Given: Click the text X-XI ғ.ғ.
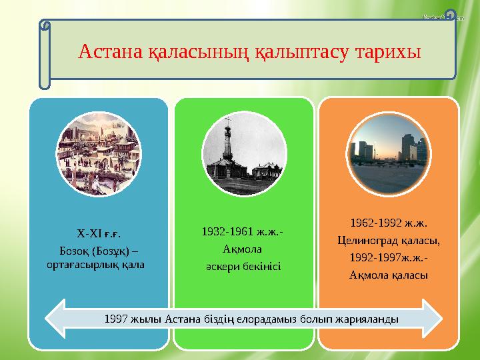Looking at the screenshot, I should [x=99, y=233].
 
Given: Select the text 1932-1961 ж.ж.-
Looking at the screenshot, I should [x=243, y=232].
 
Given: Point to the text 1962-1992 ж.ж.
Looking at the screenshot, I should [x=389, y=223].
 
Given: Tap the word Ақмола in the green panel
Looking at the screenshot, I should [x=243, y=249].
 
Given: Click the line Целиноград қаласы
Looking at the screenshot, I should [x=389, y=240].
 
